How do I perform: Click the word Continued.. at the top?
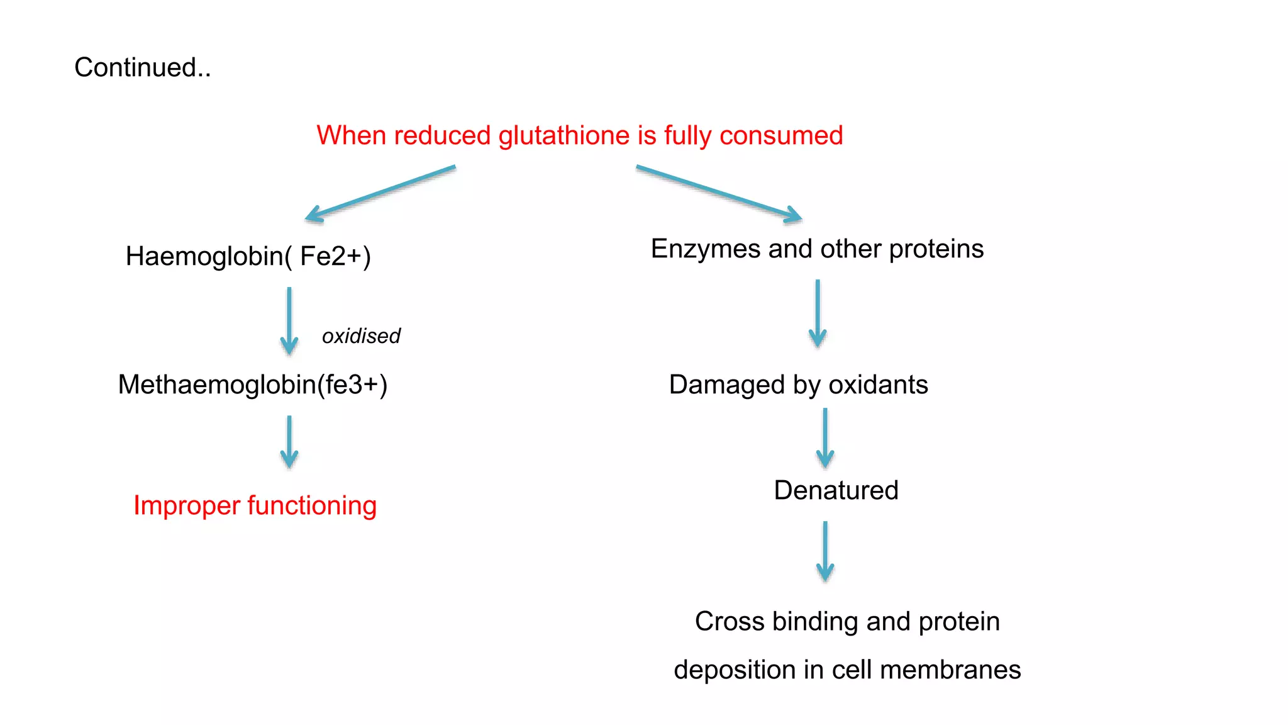142,67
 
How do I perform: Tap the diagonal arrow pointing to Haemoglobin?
380,193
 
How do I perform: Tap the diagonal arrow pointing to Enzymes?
719,193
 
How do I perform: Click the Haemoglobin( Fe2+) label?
248,256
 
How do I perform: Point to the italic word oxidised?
361,336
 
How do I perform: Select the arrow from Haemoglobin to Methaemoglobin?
289,321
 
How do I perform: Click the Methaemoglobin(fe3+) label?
252,385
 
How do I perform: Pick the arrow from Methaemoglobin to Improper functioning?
289,441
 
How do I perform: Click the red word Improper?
187,506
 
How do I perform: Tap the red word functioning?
312,506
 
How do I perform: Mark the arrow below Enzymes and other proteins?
818,313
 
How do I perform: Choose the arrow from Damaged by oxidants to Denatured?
825,438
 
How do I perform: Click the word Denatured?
836,490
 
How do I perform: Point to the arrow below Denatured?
825,551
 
